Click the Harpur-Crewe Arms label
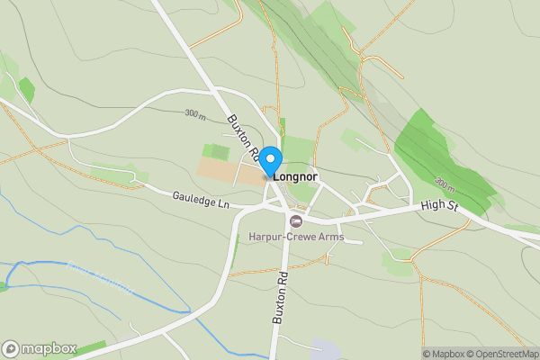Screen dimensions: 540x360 pyautogui.click(x=296, y=237)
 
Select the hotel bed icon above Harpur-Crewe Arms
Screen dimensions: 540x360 pyautogui.click(x=295, y=220)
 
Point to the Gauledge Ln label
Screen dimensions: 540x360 pyautogui.click(x=202, y=200)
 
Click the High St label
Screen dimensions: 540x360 pyautogui.click(x=441, y=207)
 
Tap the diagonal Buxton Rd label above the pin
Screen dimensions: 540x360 pyautogui.click(x=243, y=136)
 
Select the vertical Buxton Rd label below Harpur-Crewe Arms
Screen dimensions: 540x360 pyautogui.click(x=280, y=295)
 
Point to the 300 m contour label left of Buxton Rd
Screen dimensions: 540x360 pyautogui.click(x=196, y=115)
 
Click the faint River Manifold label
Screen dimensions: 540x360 pyautogui.click(x=100, y=278)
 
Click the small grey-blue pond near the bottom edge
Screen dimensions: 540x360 pyautogui.click(x=325, y=349)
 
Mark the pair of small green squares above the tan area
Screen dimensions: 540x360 pyautogui.click(x=216, y=151)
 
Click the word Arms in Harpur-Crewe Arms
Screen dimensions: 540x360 pyautogui.click(x=329, y=237)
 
